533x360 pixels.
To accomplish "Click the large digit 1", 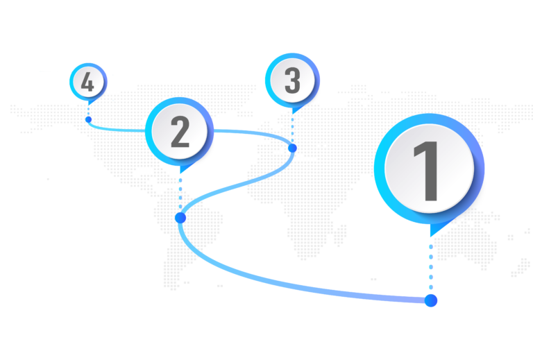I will pos(428,170).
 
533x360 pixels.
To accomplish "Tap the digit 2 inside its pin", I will pos(180,132).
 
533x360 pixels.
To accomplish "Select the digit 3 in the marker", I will pos(292,81).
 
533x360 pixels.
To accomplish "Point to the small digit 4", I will pos(87,83).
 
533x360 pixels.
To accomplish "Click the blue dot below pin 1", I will pos(431,300).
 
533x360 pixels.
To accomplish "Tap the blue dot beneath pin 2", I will pos(180,218).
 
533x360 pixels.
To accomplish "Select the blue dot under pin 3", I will pos(292,148).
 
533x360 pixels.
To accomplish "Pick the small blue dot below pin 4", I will pos(88,119).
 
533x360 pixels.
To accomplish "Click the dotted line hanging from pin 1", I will pos(431,267).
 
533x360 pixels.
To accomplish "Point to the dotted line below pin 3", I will pos(292,128).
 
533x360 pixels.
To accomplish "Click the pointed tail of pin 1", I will pos(434,231).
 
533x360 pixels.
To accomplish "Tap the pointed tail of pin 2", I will pos(181,169).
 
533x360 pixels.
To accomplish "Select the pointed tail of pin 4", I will pos(90,103).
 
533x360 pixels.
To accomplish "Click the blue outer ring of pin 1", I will pos(380,170).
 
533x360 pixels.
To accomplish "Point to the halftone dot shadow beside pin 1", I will pos(474,212).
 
